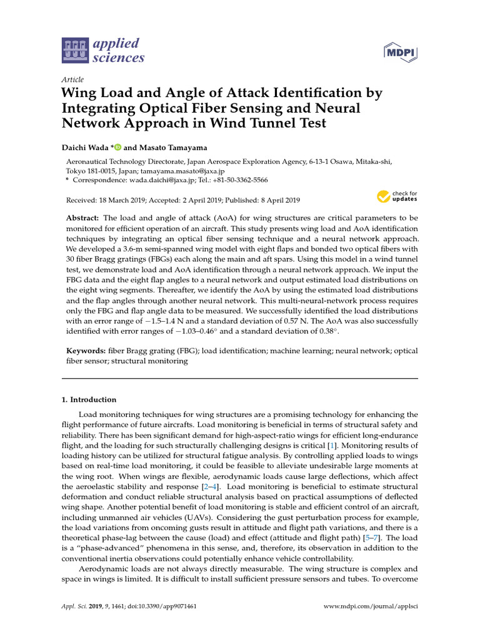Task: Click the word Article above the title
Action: pos(72,79)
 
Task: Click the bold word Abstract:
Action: pos(83,217)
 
